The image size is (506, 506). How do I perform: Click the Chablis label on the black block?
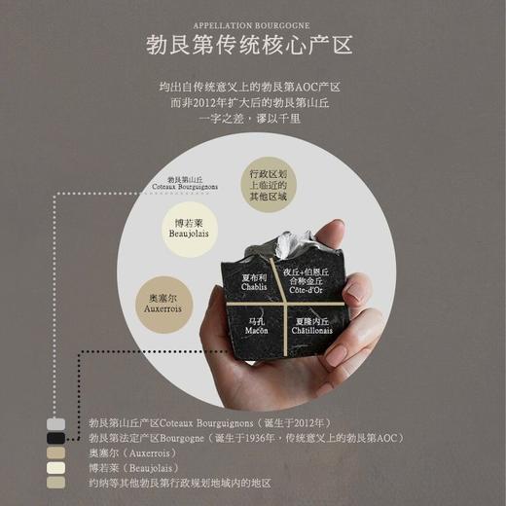click(x=253, y=280)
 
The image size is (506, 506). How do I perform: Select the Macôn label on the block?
click(x=256, y=326)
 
